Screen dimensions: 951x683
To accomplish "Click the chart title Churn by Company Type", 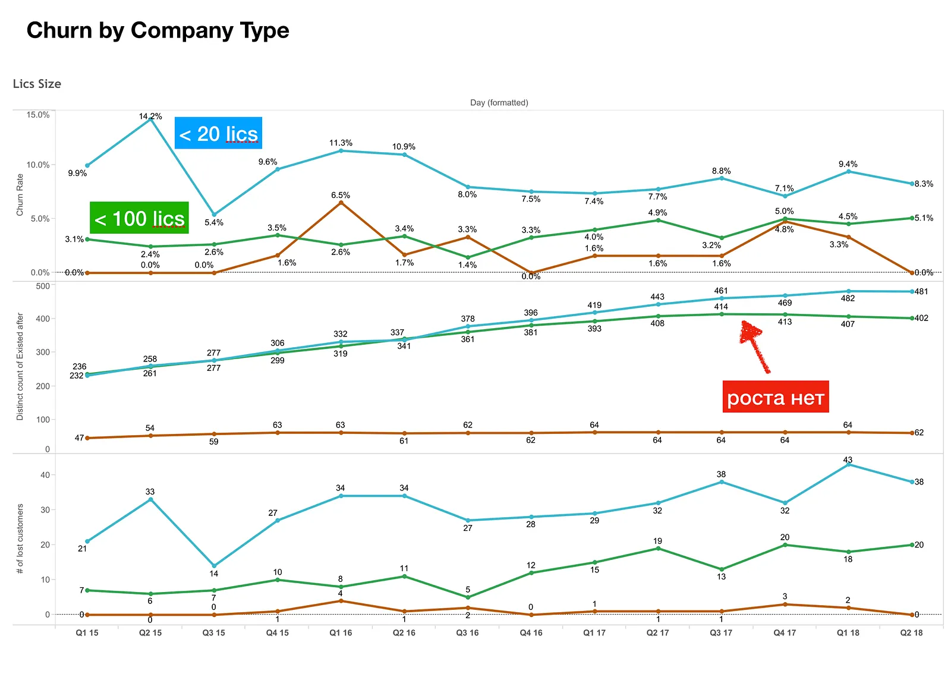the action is point(158,30).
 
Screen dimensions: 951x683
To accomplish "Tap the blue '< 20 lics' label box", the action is point(218,133).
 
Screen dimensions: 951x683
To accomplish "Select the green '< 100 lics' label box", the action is point(139,218).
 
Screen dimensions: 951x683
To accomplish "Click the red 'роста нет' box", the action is point(776,397).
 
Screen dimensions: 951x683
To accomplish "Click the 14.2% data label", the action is point(150,116).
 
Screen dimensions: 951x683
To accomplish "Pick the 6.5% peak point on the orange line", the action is point(341,203).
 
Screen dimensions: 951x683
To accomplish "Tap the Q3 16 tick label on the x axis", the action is point(467,633).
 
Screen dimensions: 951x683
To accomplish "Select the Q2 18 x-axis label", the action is point(912,633).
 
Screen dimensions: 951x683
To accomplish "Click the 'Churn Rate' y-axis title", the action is point(20,195).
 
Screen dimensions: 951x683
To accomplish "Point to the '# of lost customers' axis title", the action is point(20,539).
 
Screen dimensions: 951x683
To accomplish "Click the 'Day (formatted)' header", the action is point(499,103).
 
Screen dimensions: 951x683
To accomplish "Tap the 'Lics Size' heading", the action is point(37,84).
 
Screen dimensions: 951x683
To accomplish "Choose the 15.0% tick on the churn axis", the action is point(38,115).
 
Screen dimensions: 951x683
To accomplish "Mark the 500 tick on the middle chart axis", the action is point(42,286).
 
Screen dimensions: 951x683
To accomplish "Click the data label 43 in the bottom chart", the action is point(848,459).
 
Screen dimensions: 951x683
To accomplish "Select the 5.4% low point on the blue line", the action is point(214,215).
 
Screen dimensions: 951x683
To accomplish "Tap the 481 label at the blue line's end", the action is point(921,292).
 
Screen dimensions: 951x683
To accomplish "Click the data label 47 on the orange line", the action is point(80,438).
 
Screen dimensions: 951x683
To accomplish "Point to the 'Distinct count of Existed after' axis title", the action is point(20,367).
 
